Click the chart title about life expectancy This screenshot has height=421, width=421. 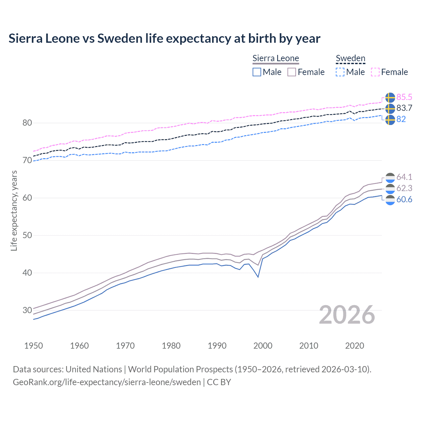(x=164, y=38)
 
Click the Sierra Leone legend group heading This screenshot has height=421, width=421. (x=276, y=58)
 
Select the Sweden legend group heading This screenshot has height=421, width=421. (x=350, y=58)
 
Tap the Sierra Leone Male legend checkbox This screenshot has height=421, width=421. (x=257, y=72)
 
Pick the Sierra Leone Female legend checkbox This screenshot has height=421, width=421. (x=292, y=72)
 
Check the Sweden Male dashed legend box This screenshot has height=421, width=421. (x=340, y=72)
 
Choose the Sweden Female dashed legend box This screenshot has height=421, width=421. (x=375, y=72)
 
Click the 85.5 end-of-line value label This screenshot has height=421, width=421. (x=404, y=97)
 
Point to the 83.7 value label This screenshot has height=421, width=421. (x=404, y=108)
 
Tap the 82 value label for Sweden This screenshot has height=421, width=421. (x=401, y=119)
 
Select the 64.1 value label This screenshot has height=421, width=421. (x=404, y=177)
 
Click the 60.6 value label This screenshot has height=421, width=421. (x=404, y=199)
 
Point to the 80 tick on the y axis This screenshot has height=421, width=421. (x=27, y=123)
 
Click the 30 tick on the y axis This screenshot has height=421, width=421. (x=27, y=310)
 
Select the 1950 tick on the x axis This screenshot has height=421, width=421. (x=34, y=346)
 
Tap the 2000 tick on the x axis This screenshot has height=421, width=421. (x=263, y=346)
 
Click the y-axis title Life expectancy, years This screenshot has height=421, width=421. (x=14, y=210)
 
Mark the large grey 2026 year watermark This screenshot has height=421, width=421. (x=347, y=315)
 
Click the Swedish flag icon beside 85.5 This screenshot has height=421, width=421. (x=390, y=97)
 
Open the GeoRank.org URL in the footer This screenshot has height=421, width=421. (x=107, y=382)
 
